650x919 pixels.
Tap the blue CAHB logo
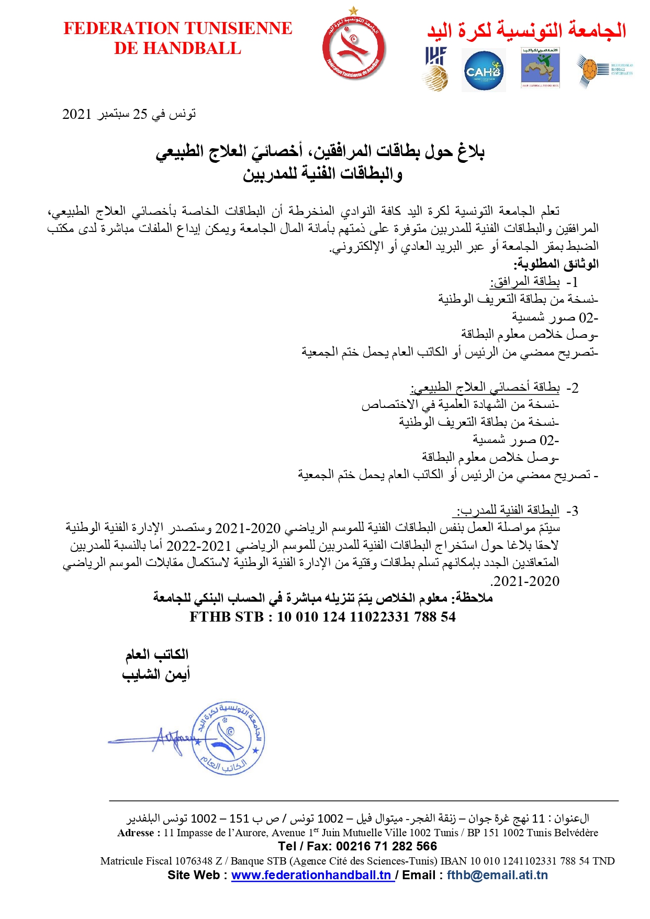point(484,71)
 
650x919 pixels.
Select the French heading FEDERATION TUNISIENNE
point(178,28)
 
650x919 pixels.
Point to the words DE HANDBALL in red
point(178,49)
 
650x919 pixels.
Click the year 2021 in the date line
point(77,114)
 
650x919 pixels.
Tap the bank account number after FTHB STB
point(366,617)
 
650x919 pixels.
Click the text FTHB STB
point(227,617)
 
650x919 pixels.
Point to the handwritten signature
point(162,739)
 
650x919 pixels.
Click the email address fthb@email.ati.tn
point(497,875)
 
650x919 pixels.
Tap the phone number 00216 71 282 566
point(386,846)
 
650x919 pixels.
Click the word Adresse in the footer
point(136,833)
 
